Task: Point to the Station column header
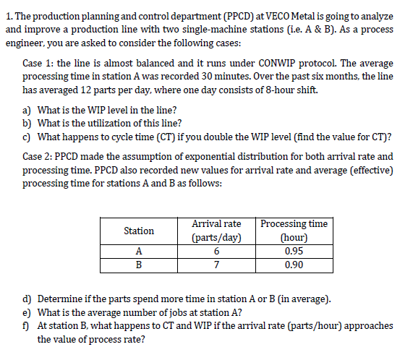coord(139,231)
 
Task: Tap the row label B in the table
coord(139,264)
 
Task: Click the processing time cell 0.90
coord(293,264)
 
